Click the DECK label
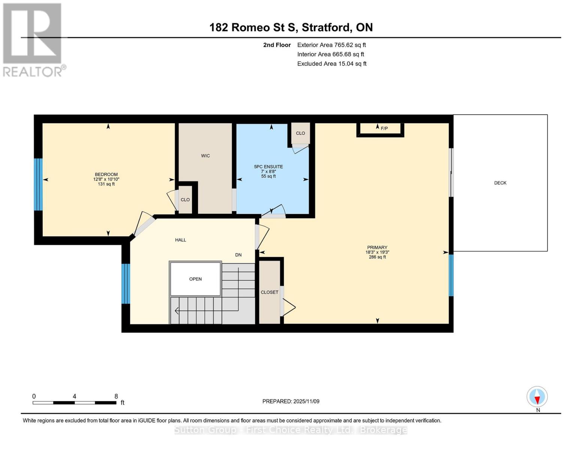pyautogui.click(x=500, y=183)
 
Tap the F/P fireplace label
pyautogui.click(x=384, y=129)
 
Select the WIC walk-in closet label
pyautogui.click(x=205, y=156)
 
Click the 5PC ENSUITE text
pyautogui.click(x=268, y=167)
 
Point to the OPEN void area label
pyautogui.click(x=195, y=279)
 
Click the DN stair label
pyautogui.click(x=238, y=255)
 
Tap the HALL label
pyautogui.click(x=181, y=240)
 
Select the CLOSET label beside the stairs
pyautogui.click(x=269, y=292)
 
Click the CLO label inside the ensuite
pyautogui.click(x=301, y=133)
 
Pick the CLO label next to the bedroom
pyautogui.click(x=185, y=200)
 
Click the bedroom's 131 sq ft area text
pyautogui.click(x=106, y=184)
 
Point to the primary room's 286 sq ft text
pyautogui.click(x=377, y=257)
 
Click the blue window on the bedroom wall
pyautogui.click(x=38, y=184)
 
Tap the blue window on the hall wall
pyautogui.click(x=126, y=283)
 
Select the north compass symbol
pyautogui.click(x=537, y=397)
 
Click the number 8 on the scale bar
pyautogui.click(x=116, y=396)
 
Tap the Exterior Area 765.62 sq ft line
pyautogui.click(x=331, y=45)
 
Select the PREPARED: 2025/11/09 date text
pyautogui.click(x=291, y=401)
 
